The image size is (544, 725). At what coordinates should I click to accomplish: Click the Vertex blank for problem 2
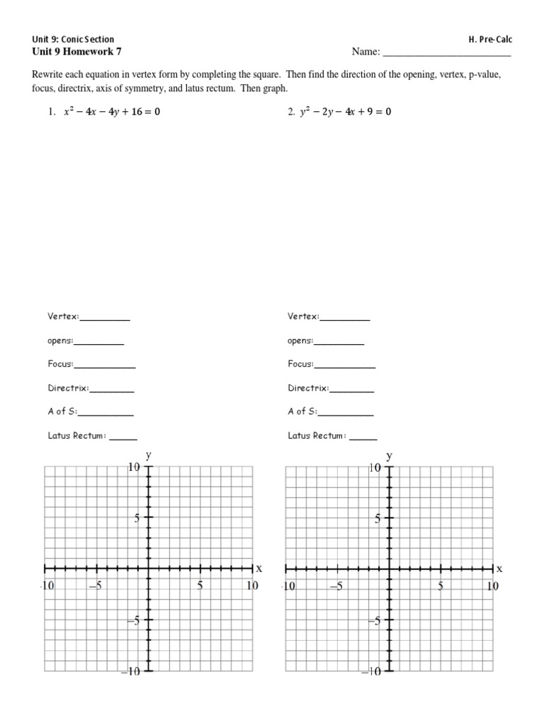click(345, 318)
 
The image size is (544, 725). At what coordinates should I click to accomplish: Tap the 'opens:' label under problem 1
click(60, 341)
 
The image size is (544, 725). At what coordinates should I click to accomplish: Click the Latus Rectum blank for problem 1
click(123, 437)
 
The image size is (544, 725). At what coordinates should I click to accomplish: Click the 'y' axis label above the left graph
click(148, 454)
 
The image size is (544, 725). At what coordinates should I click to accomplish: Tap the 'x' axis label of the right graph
click(499, 569)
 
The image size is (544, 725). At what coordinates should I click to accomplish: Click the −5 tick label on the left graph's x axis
click(95, 586)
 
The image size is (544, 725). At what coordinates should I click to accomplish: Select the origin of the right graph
click(389, 569)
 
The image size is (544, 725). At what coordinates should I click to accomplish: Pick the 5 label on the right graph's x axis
click(441, 586)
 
